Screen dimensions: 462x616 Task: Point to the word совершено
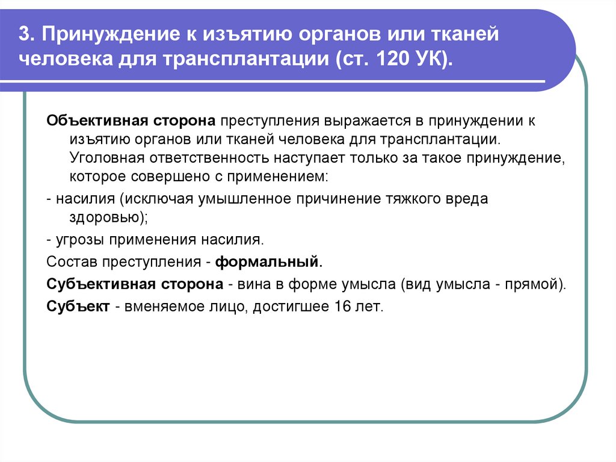[x=164, y=178]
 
